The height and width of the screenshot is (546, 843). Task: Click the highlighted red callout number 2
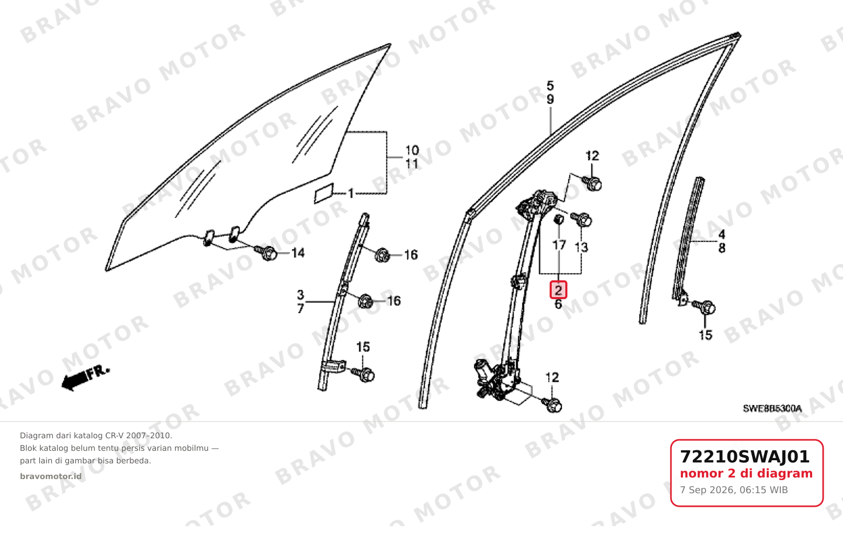[558, 290]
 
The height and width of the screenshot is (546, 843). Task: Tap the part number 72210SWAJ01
[745, 457]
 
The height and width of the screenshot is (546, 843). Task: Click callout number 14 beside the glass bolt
[298, 253]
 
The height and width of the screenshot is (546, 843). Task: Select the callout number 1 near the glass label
[351, 194]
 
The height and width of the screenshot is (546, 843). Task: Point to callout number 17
[559, 245]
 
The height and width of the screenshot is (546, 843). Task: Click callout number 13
[582, 247]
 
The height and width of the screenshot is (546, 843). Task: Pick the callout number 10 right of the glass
[412, 151]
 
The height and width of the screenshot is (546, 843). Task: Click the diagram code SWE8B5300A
[772, 408]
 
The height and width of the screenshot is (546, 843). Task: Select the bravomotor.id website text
[51, 476]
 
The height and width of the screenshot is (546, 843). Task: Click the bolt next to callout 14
[266, 253]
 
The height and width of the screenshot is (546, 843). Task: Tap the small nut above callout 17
[559, 219]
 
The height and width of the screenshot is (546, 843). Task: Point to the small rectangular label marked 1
[324, 194]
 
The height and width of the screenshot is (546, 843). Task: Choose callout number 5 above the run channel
[550, 86]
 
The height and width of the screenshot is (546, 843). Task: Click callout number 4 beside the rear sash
[722, 235]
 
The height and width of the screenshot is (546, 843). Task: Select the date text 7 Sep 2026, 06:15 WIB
[734, 490]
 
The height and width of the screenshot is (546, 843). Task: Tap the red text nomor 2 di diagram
[746, 473]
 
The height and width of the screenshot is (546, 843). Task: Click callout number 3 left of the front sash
[300, 294]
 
